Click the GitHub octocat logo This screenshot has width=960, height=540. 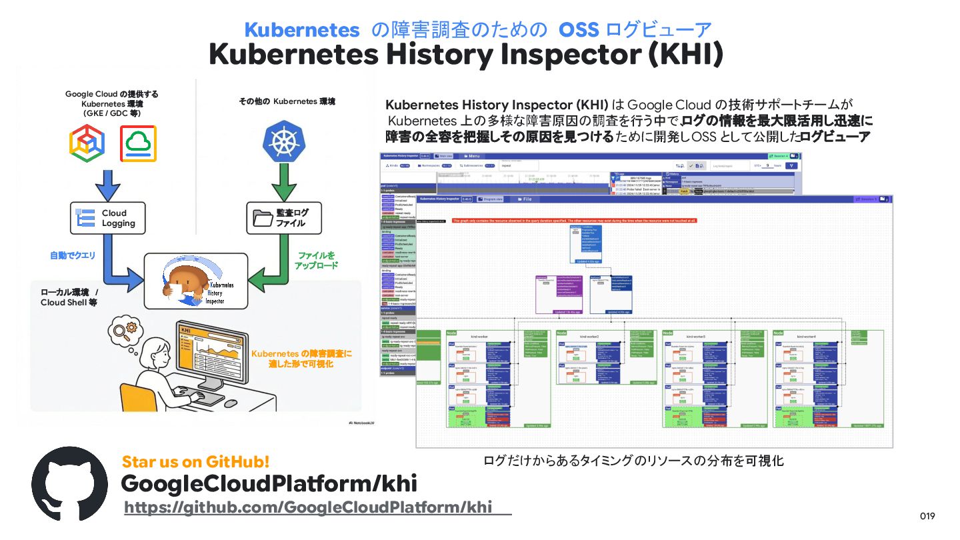(69, 484)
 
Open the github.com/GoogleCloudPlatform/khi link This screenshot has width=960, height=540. (308, 507)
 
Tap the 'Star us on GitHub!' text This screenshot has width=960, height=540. (195, 461)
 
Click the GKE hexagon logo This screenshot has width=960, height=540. (87, 143)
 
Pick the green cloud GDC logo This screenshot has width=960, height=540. (138, 143)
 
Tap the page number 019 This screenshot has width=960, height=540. (927, 517)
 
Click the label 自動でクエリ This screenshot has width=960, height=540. (73, 255)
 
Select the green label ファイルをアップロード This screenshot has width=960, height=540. (316, 261)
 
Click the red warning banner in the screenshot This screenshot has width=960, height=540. (574, 220)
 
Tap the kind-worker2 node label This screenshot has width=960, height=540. (589, 337)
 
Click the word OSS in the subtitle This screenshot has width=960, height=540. (579, 30)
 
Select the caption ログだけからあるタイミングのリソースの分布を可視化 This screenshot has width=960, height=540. (633, 461)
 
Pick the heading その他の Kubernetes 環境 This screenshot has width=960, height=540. (287, 101)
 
